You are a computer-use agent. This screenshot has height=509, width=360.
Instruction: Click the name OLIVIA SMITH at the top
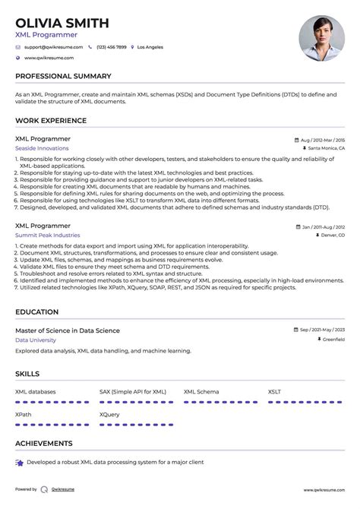coord(62,23)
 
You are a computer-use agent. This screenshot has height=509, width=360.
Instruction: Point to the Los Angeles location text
coord(150,47)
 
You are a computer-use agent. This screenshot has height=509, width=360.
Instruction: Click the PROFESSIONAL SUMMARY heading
coord(63,76)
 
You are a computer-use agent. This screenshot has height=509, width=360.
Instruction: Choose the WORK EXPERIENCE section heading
coord(51,121)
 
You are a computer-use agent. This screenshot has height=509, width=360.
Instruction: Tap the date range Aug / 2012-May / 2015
coord(322,141)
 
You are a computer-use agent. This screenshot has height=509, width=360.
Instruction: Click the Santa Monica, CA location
coord(327,149)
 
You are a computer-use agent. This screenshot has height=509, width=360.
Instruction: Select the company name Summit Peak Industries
coord(47,236)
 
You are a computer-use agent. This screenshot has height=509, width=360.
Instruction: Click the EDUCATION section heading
coord(36,311)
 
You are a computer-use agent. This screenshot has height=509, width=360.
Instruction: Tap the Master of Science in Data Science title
coord(67,330)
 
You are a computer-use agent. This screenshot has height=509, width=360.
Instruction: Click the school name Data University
coord(36,340)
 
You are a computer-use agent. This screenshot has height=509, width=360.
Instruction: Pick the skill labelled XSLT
coord(274,391)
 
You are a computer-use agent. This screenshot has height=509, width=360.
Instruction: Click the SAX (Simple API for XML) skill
coord(132,391)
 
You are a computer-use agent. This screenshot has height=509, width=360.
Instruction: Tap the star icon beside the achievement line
coord(19,462)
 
